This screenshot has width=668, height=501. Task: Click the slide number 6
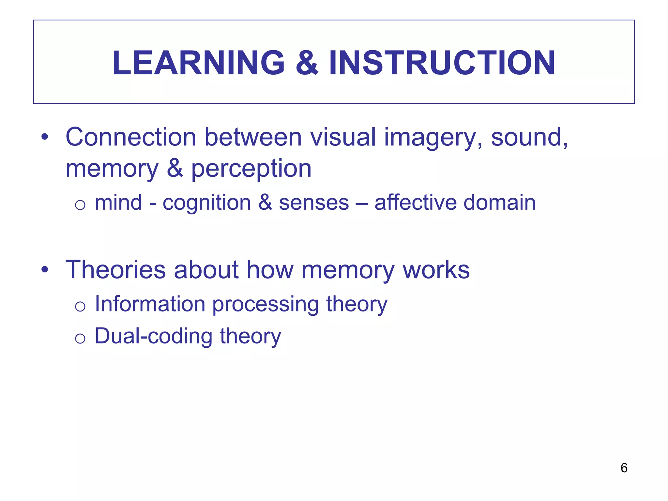point(624,468)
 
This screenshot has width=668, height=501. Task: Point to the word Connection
point(130,137)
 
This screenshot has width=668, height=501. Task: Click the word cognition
point(206,203)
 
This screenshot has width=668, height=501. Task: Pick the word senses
point(314,203)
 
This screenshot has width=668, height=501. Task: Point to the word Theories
point(115,270)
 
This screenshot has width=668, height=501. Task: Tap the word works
point(436,270)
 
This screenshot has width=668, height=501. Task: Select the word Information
point(150,304)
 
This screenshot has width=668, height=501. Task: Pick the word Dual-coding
point(153,336)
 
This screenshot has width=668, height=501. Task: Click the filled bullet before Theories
point(45,270)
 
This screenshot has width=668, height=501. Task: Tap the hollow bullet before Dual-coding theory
point(80,339)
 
